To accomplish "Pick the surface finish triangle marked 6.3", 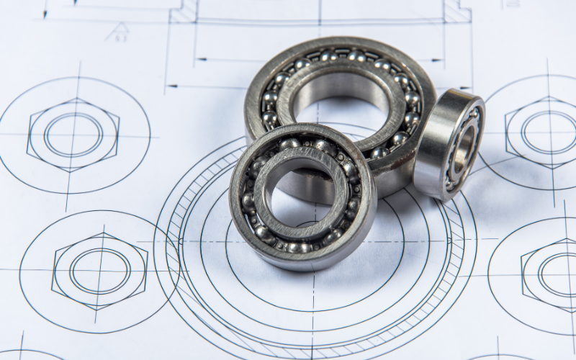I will [118, 32].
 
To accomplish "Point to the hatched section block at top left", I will [184, 11].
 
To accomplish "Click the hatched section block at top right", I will [457, 11].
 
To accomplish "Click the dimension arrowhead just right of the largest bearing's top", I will [438, 60].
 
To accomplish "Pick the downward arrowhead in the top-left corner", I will [45, 13].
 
